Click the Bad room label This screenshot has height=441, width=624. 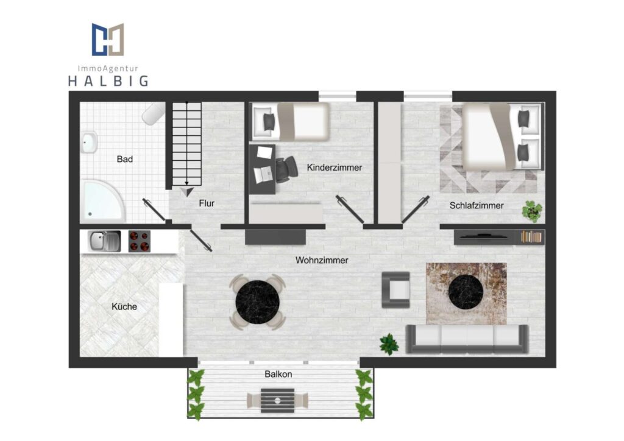[x=124, y=159]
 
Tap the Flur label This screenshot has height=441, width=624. [x=207, y=203]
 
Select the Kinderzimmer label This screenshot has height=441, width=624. [x=335, y=168]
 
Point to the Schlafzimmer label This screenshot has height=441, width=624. [x=477, y=206]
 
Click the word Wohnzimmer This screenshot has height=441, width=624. [x=322, y=260]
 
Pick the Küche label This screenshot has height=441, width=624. [x=124, y=306]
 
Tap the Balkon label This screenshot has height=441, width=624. [x=278, y=374]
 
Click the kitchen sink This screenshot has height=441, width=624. [x=104, y=241]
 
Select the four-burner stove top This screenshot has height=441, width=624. [x=140, y=241]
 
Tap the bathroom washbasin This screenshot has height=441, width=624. [x=89, y=143]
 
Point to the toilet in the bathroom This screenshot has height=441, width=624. [x=154, y=113]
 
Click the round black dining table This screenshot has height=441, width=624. [x=258, y=302]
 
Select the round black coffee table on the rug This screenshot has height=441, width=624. [x=466, y=291]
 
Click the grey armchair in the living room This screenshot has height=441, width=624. [x=395, y=290]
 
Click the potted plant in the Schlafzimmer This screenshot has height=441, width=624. [x=532, y=211]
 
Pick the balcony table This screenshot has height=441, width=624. [x=278, y=401]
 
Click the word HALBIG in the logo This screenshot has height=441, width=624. [x=108, y=81]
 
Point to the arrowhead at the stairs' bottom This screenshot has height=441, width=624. [x=187, y=192]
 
